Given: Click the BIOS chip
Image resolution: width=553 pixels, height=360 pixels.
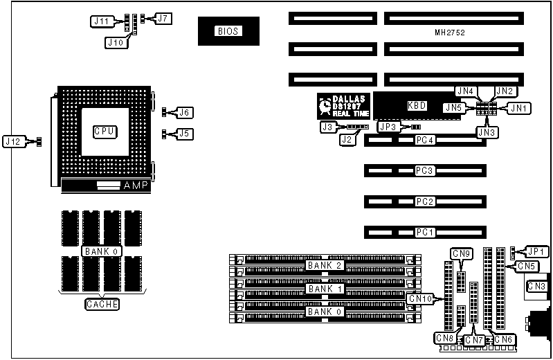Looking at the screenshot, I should coord(228,31).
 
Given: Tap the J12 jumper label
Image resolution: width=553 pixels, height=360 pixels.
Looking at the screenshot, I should coord(14,141).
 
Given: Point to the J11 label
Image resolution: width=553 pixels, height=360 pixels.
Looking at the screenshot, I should coord(102,21).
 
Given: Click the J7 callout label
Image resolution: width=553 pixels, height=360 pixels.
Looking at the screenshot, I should coord(163,18).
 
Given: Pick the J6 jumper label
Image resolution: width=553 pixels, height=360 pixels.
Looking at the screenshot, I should coord(183,112).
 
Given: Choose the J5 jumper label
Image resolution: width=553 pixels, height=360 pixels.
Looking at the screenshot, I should coord(183,134).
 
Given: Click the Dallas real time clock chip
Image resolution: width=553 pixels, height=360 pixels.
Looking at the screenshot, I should coord(343,108).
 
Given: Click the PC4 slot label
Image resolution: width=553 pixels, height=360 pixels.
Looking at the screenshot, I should coord(424,141).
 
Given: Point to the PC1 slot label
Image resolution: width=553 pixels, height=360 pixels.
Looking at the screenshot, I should coord(424,232).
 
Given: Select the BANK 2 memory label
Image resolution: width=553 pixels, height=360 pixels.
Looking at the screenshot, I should coord(324,265).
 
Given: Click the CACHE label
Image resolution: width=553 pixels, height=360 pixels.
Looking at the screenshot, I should coord(102,304).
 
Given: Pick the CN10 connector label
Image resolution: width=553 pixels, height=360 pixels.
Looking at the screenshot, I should coord(421,298).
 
